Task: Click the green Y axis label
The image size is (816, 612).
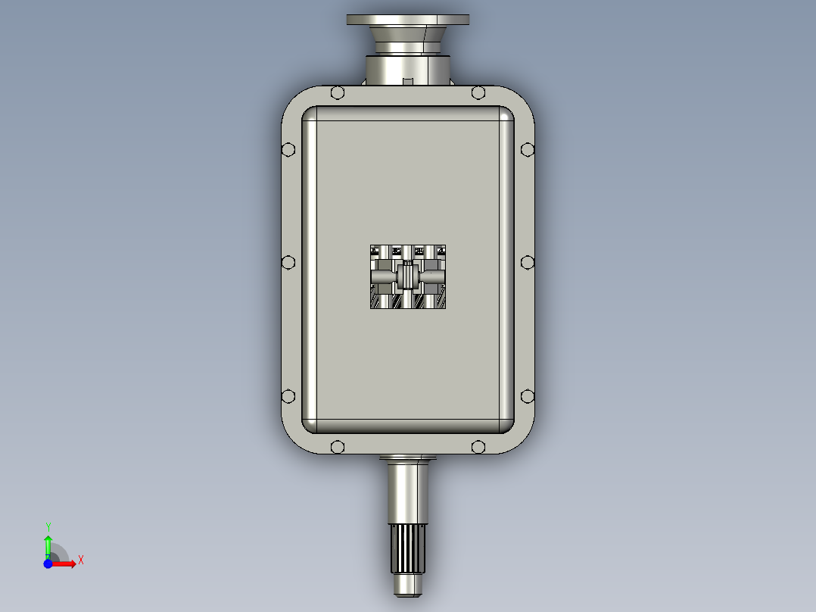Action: [48, 526]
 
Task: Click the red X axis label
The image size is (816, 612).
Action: [81, 560]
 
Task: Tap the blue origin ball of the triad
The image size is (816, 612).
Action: [48, 564]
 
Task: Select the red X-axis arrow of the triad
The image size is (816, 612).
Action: [67, 564]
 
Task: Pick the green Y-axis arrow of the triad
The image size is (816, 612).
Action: [48, 544]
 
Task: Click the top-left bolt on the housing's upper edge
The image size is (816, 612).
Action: [338, 93]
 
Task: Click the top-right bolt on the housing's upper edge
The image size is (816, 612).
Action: [478, 93]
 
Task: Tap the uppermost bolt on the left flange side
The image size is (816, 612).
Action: [288, 149]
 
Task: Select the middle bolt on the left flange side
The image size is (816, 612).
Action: [288, 262]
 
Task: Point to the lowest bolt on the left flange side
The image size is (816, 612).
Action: [288, 396]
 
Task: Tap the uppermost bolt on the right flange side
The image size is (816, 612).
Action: [528, 149]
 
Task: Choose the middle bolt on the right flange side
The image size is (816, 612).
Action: [528, 262]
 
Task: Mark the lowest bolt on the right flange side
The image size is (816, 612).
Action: [528, 396]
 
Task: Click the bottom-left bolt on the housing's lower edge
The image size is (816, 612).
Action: [338, 447]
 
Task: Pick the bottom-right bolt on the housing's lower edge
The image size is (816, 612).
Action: [478, 447]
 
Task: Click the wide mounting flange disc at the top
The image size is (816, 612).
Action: [407, 20]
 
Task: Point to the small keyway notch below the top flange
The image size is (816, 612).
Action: [407, 80]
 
